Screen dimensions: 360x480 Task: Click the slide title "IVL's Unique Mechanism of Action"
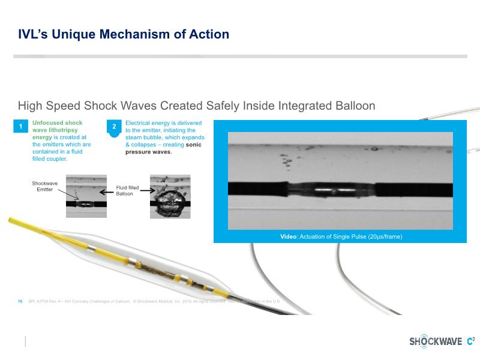(x=124, y=34)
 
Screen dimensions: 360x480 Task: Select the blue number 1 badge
(x=20, y=127)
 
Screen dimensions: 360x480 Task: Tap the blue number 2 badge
(x=114, y=127)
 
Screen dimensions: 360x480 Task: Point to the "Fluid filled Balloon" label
(x=127, y=191)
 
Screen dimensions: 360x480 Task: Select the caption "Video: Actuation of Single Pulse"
(x=341, y=236)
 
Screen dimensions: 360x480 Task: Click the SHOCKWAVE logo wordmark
(x=436, y=341)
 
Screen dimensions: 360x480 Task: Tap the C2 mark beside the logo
(x=470, y=341)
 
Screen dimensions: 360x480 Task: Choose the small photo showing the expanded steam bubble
(x=170, y=196)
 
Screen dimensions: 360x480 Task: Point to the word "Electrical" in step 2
(x=140, y=123)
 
